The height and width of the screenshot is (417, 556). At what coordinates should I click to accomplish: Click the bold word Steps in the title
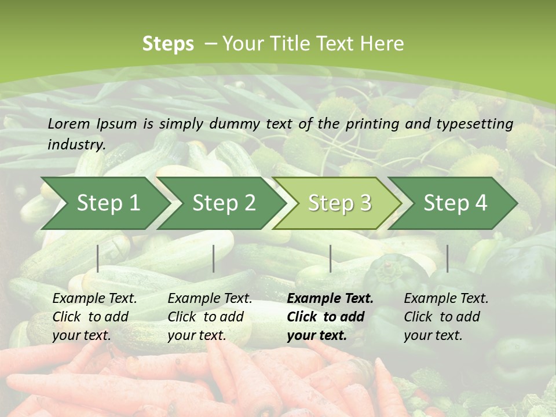point(168,44)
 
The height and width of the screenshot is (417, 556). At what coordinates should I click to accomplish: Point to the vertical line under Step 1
point(98,258)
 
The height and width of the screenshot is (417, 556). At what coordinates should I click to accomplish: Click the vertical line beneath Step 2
point(214,258)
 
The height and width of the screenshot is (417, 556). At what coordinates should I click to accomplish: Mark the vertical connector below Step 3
point(330,258)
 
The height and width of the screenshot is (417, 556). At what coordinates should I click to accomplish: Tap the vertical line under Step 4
point(447,258)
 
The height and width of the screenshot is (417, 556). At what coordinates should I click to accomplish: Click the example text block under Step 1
point(94,317)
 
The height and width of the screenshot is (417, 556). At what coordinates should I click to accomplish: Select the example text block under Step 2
point(210,317)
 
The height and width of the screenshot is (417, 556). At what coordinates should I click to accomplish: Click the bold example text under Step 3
point(330,317)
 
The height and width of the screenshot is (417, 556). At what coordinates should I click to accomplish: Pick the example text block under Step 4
point(446,317)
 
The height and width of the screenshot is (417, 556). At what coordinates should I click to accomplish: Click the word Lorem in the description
point(69,123)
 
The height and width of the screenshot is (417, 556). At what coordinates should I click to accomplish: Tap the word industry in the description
point(76,145)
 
